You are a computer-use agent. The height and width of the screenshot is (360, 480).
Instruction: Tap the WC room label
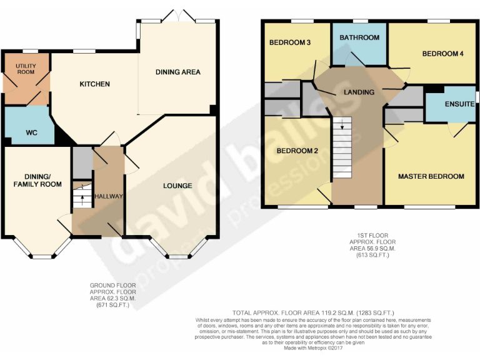32,132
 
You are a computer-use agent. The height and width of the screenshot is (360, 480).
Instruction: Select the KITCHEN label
94,84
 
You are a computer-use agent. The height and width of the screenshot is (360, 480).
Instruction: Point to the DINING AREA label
178,72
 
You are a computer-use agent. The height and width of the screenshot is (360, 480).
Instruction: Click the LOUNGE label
177,186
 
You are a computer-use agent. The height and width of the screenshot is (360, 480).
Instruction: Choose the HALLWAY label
108,196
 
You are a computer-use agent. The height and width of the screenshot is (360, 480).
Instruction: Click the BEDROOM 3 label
290,43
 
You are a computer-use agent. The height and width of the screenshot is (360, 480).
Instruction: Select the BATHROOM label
359,37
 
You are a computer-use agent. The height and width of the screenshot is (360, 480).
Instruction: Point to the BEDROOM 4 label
442,54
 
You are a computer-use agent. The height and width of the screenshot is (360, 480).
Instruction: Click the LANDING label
359,92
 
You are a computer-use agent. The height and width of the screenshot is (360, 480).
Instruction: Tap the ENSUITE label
459,104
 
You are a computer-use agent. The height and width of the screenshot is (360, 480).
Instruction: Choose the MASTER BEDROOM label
431,176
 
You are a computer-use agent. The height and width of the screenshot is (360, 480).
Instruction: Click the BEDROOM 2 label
298,151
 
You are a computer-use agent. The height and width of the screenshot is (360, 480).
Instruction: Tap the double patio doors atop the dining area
177,15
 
